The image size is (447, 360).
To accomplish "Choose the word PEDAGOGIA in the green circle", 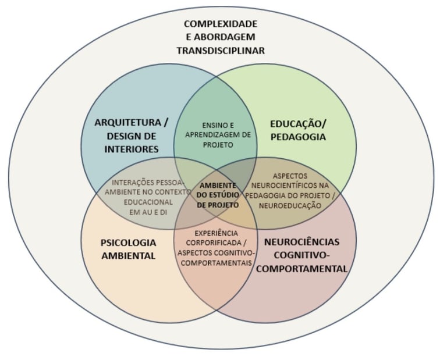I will [298, 137].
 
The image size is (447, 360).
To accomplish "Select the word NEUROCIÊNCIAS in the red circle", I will [301, 241].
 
